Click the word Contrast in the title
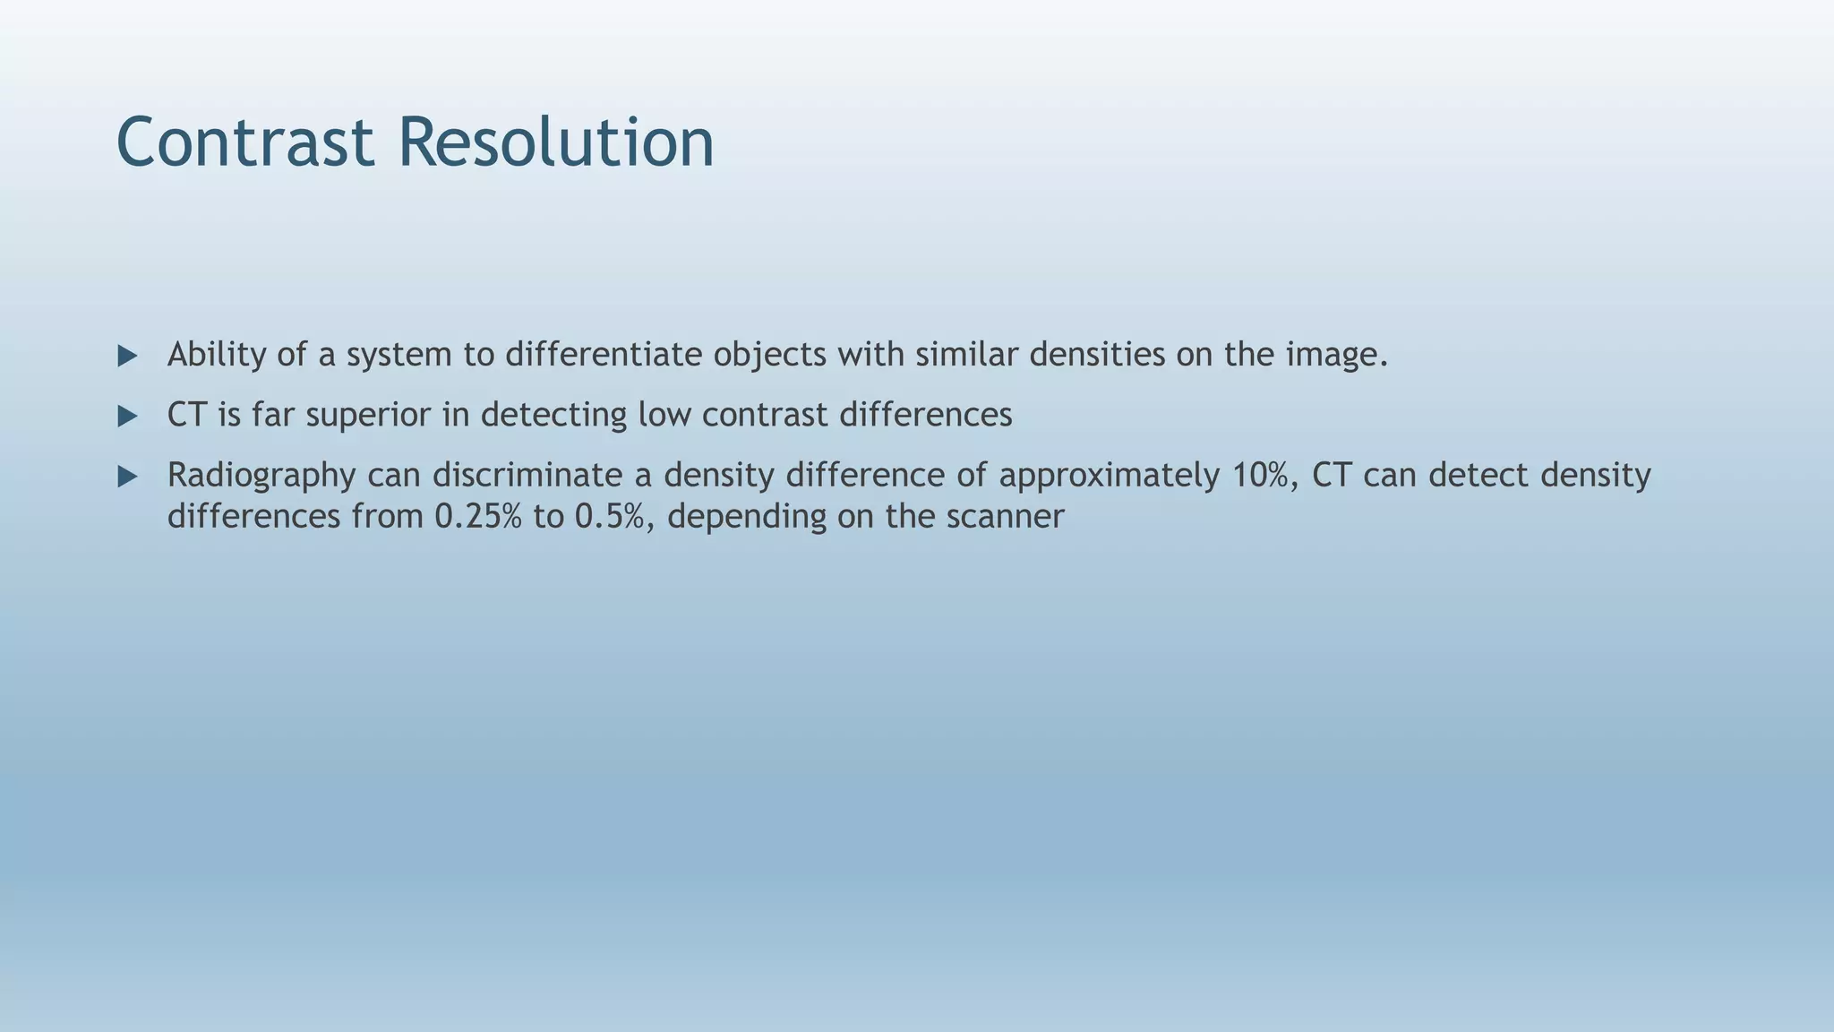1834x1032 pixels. point(244,143)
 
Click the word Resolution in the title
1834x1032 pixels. point(555,143)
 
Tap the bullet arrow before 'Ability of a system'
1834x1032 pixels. point(127,357)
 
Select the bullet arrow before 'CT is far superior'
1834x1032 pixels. point(127,417)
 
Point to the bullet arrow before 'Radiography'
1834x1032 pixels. point(127,477)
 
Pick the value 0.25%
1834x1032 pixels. point(477,517)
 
